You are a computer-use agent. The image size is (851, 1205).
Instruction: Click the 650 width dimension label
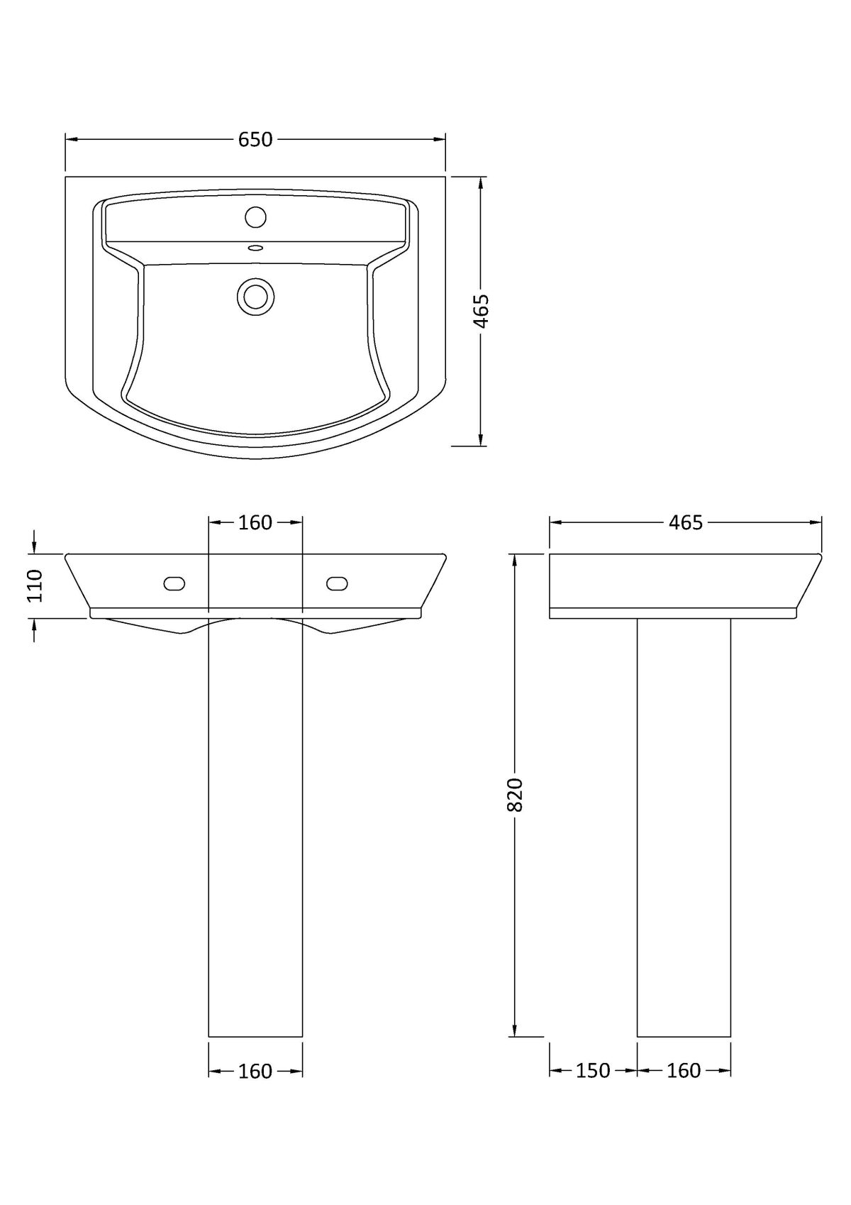(255, 140)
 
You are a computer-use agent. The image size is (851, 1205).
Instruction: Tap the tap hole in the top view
(255, 217)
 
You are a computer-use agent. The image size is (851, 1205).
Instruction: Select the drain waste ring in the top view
(255, 297)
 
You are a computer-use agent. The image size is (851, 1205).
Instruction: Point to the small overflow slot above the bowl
(255, 248)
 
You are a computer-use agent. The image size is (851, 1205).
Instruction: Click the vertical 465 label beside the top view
(481, 311)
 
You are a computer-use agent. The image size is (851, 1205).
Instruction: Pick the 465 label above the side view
(686, 522)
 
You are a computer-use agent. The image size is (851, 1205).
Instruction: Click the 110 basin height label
(35, 586)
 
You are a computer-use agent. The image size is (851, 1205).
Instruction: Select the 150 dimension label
(593, 1070)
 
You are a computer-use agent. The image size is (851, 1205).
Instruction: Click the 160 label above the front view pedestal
(255, 522)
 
